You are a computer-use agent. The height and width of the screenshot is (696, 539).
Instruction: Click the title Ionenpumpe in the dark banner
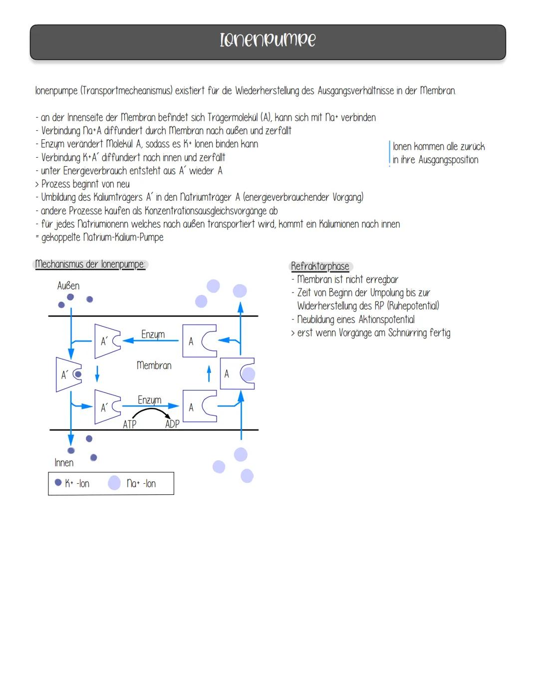point(268,40)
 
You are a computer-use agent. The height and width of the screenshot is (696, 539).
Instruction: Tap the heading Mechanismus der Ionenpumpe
point(90,264)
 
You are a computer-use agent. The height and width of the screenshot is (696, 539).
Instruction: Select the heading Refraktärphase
point(320,266)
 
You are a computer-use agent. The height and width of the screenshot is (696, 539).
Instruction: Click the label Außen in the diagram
point(68,286)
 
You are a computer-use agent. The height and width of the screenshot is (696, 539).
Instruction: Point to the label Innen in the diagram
point(64,462)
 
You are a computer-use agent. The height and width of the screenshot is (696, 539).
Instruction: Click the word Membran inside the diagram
point(154,365)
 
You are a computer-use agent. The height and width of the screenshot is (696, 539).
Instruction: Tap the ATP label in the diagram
point(130,424)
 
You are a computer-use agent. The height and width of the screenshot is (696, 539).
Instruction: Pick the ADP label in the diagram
point(172,424)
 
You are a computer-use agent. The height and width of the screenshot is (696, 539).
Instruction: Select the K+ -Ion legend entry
point(72,483)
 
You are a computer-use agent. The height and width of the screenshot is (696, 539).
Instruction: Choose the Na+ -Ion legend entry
point(132,483)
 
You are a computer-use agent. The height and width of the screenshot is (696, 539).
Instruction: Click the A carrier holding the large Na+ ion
point(238,373)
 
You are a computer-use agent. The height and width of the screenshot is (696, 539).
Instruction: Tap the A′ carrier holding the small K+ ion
point(69,374)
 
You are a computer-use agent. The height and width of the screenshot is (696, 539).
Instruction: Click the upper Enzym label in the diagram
point(153,335)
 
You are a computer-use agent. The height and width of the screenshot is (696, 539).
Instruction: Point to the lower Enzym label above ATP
point(150,400)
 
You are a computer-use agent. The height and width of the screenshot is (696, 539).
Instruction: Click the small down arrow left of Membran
point(97,374)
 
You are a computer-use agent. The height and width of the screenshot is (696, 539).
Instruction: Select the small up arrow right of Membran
point(209,374)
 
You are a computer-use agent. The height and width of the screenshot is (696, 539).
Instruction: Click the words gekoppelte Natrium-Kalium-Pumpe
point(102,237)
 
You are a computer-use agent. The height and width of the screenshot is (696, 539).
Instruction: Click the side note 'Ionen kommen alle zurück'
point(439,147)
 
